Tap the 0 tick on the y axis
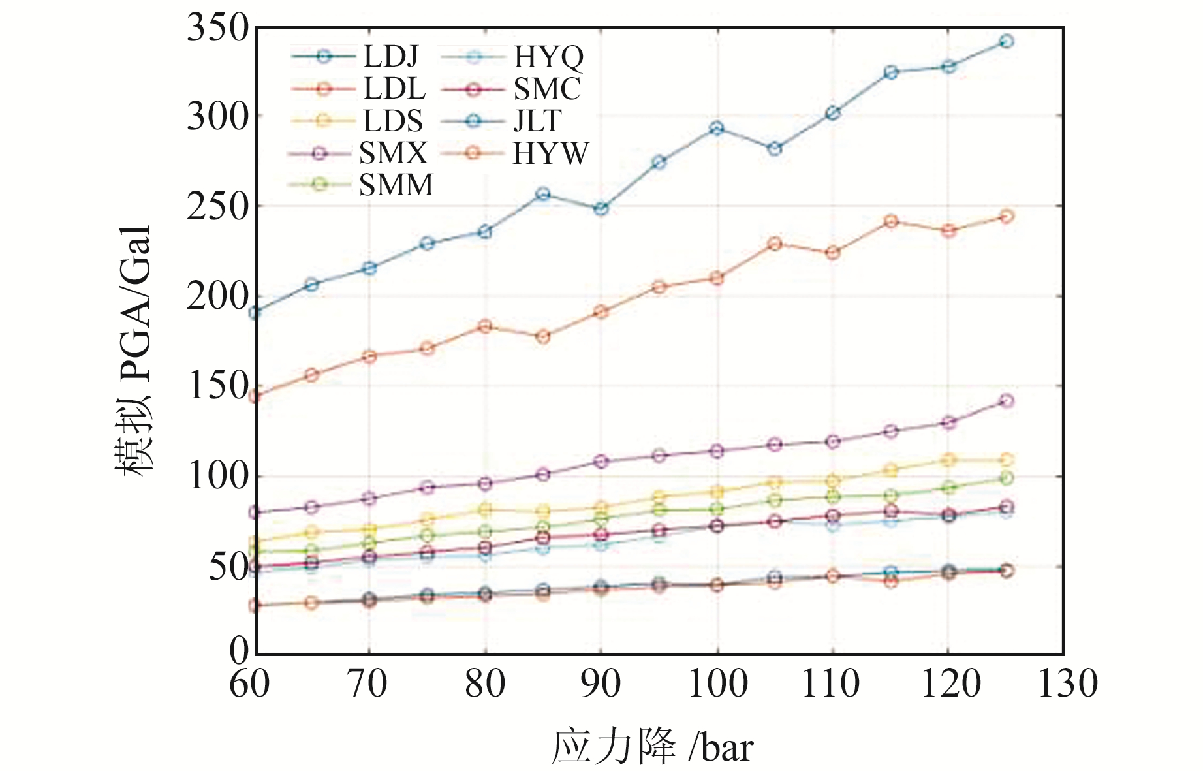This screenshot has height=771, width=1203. (x=239, y=651)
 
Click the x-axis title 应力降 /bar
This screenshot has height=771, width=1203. (x=652, y=747)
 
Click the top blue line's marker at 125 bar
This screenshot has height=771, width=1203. (x=1007, y=41)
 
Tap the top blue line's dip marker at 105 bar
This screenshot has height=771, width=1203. (x=775, y=149)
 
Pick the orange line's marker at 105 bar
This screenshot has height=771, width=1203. (x=775, y=244)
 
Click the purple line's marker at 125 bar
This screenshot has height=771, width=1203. (x=1007, y=400)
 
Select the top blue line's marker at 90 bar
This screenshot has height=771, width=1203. (x=601, y=209)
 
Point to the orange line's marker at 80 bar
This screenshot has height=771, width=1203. (x=485, y=326)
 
